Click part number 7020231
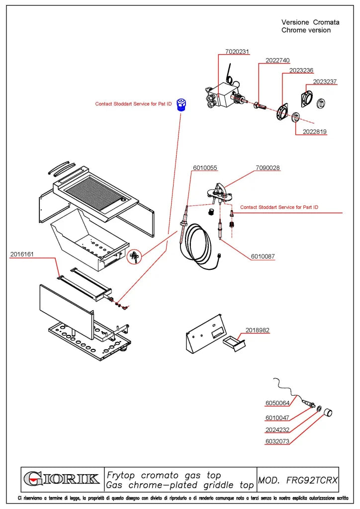click(237, 52)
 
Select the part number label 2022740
click(277, 60)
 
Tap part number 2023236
click(301, 71)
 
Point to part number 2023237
click(325, 82)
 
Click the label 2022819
click(315, 132)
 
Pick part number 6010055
click(205, 168)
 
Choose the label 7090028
click(268, 168)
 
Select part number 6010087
click(263, 256)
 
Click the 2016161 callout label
click(22, 254)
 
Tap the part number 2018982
click(258, 331)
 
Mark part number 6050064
click(277, 403)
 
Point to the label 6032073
click(277, 441)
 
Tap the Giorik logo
click(62, 479)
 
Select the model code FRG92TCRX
click(312, 480)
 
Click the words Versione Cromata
click(310, 22)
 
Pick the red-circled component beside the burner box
click(134, 257)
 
